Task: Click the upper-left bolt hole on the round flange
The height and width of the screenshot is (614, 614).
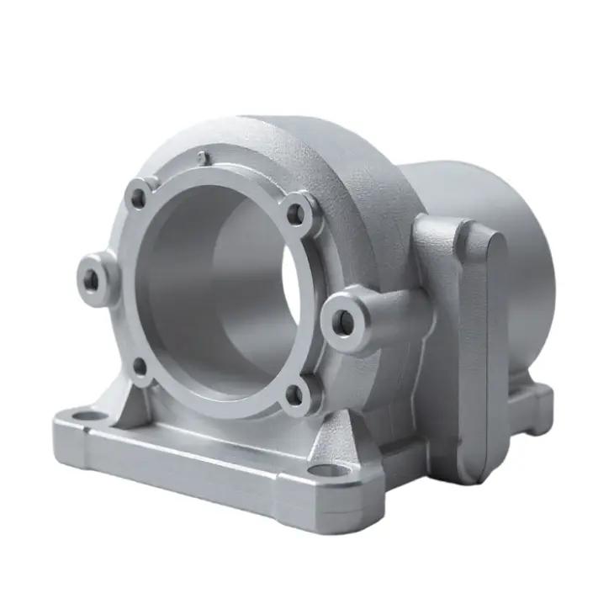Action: coord(138,198)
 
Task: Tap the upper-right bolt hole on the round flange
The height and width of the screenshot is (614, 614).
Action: coord(295,214)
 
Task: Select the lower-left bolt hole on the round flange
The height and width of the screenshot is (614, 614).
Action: coord(140,367)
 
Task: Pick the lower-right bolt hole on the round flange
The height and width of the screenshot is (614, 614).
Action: coord(294,392)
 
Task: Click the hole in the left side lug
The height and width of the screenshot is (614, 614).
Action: coord(91,279)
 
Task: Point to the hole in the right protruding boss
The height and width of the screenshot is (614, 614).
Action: coord(344,320)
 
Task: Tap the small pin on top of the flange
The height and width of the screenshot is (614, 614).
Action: coord(203,156)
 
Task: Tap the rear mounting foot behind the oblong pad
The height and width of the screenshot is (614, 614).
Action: coord(532,404)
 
